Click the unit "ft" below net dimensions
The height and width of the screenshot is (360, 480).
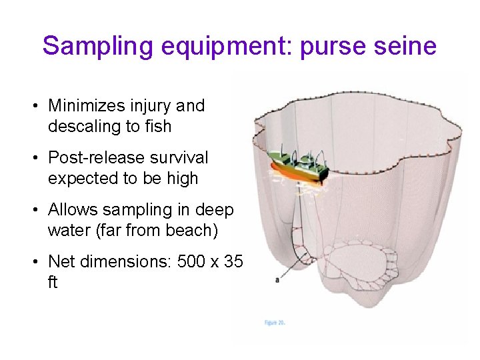point(53,282)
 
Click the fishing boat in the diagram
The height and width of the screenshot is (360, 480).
point(299,167)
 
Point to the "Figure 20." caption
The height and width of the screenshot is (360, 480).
point(275,322)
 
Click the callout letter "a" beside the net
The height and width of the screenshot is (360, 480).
point(277,280)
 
